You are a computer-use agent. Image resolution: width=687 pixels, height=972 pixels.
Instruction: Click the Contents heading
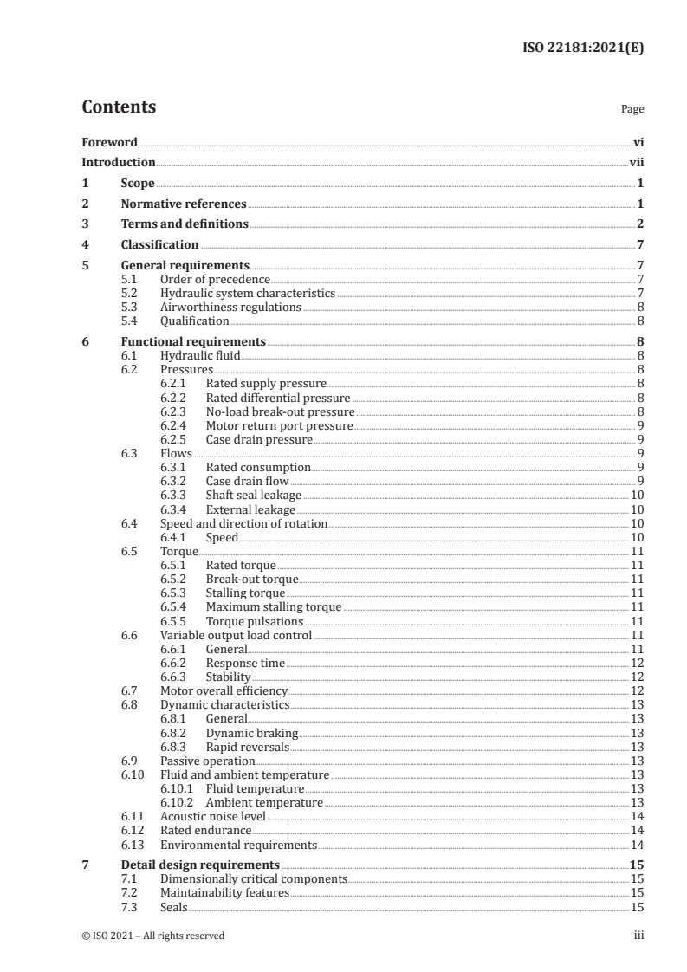[x=119, y=107]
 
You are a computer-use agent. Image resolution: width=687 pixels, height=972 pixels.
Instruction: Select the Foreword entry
[x=109, y=142]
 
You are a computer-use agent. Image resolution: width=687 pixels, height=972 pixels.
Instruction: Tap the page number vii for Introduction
[x=636, y=162]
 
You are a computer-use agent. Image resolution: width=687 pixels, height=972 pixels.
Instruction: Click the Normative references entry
[x=184, y=204]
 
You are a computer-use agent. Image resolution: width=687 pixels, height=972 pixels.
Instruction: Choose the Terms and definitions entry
[x=185, y=224]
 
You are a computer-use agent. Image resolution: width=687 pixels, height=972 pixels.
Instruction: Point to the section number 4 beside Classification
[x=85, y=244]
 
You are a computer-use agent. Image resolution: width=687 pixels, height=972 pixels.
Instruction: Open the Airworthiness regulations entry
[x=230, y=307]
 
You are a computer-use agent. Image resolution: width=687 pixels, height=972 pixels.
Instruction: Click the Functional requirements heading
[x=193, y=341]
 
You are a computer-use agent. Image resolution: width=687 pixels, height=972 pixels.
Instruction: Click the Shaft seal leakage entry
[x=253, y=495]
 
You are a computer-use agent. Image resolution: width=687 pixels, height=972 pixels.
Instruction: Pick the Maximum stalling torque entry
[x=273, y=607]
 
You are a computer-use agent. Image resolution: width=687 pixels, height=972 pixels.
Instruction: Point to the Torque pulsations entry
[x=254, y=621]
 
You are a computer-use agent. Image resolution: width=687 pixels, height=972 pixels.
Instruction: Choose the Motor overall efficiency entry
[x=224, y=690]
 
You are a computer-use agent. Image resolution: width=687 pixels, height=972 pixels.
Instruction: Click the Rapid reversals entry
[x=247, y=747]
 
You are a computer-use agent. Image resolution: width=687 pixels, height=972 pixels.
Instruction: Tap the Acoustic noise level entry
[x=213, y=816]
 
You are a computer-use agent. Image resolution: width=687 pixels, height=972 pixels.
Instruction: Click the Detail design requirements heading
[x=200, y=865]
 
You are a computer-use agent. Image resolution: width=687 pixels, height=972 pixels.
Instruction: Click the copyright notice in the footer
[x=152, y=936]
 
